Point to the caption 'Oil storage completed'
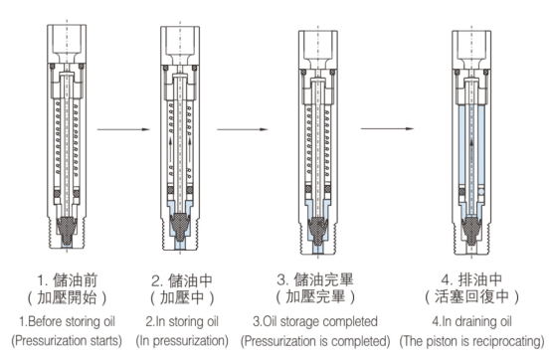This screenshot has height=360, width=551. tap(321, 321)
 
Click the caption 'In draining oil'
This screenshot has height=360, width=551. tap(475, 321)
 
